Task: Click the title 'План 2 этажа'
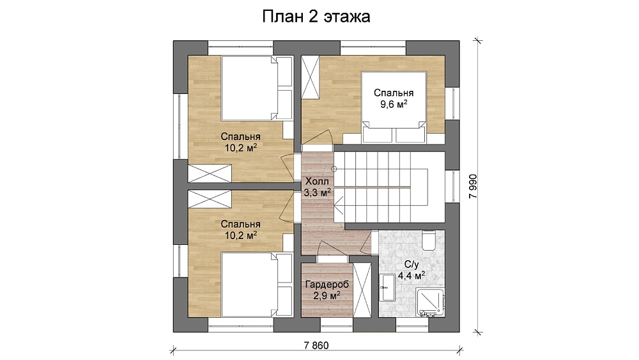[x=316, y=17]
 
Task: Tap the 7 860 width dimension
[x=316, y=346]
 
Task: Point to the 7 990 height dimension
[x=473, y=186]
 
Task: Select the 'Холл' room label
[x=317, y=181]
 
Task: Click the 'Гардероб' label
[x=327, y=285]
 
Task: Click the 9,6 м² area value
[x=394, y=104]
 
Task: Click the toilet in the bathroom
[x=429, y=240]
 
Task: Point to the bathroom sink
[x=387, y=288]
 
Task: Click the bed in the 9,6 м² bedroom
[x=394, y=107]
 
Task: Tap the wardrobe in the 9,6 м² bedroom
[x=310, y=77]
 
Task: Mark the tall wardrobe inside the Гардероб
[x=362, y=290]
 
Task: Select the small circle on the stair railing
[x=334, y=169]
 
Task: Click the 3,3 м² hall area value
[x=317, y=192]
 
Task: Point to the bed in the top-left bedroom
[x=257, y=88]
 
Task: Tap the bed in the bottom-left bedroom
[x=257, y=285]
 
